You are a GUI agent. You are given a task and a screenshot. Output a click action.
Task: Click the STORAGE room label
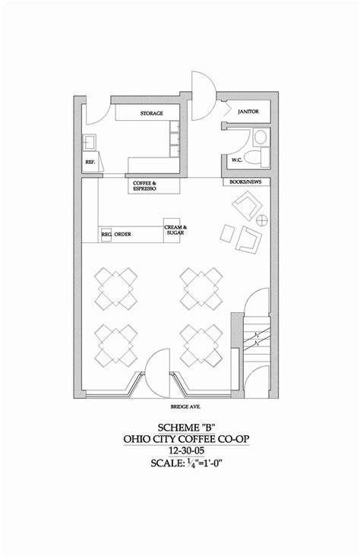[151, 113]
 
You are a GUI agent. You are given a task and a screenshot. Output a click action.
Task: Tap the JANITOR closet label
[248, 112]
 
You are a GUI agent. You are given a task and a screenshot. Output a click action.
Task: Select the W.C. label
[237, 160]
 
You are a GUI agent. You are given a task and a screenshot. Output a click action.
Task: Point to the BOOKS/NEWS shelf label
[245, 182]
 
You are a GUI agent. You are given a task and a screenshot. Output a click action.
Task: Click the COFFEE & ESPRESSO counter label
[144, 186]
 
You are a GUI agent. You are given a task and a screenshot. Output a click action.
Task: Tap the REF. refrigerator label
[90, 162]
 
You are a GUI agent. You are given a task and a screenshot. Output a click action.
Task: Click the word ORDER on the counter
[122, 235]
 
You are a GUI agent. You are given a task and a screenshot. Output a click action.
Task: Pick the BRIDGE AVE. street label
[185, 406]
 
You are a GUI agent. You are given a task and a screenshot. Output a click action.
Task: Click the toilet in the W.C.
[257, 157]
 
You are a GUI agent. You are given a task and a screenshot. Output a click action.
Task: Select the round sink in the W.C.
[261, 137]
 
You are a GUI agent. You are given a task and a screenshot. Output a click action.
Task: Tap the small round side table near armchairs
[262, 220]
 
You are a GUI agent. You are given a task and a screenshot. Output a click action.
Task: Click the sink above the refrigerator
[90, 142]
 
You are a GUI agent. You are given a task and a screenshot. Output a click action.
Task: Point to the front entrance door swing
[157, 372]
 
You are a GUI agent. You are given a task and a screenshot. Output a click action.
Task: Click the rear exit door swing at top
[204, 96]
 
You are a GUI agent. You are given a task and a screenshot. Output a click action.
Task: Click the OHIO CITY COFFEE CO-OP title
[186, 439]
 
